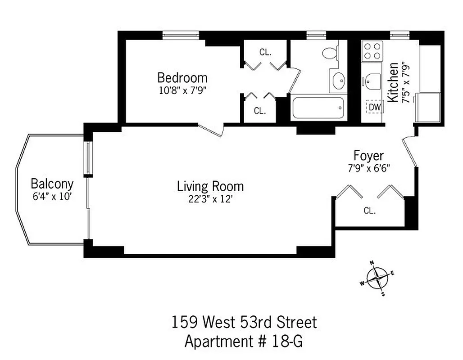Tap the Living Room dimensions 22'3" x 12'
click(x=210, y=199)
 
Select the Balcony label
click(x=52, y=184)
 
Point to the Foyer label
click(x=368, y=156)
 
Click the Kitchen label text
click(x=393, y=82)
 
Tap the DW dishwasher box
click(x=374, y=107)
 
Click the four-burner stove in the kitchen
click(x=372, y=51)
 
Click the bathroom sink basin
click(x=338, y=81)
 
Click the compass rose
click(x=377, y=278)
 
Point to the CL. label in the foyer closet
click(x=369, y=210)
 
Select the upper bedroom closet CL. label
click(x=265, y=52)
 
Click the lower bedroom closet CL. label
click(x=259, y=110)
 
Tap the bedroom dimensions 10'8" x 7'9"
click(x=182, y=89)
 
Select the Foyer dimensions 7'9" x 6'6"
click(x=368, y=168)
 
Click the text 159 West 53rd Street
click(x=244, y=322)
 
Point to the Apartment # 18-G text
click(x=244, y=342)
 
